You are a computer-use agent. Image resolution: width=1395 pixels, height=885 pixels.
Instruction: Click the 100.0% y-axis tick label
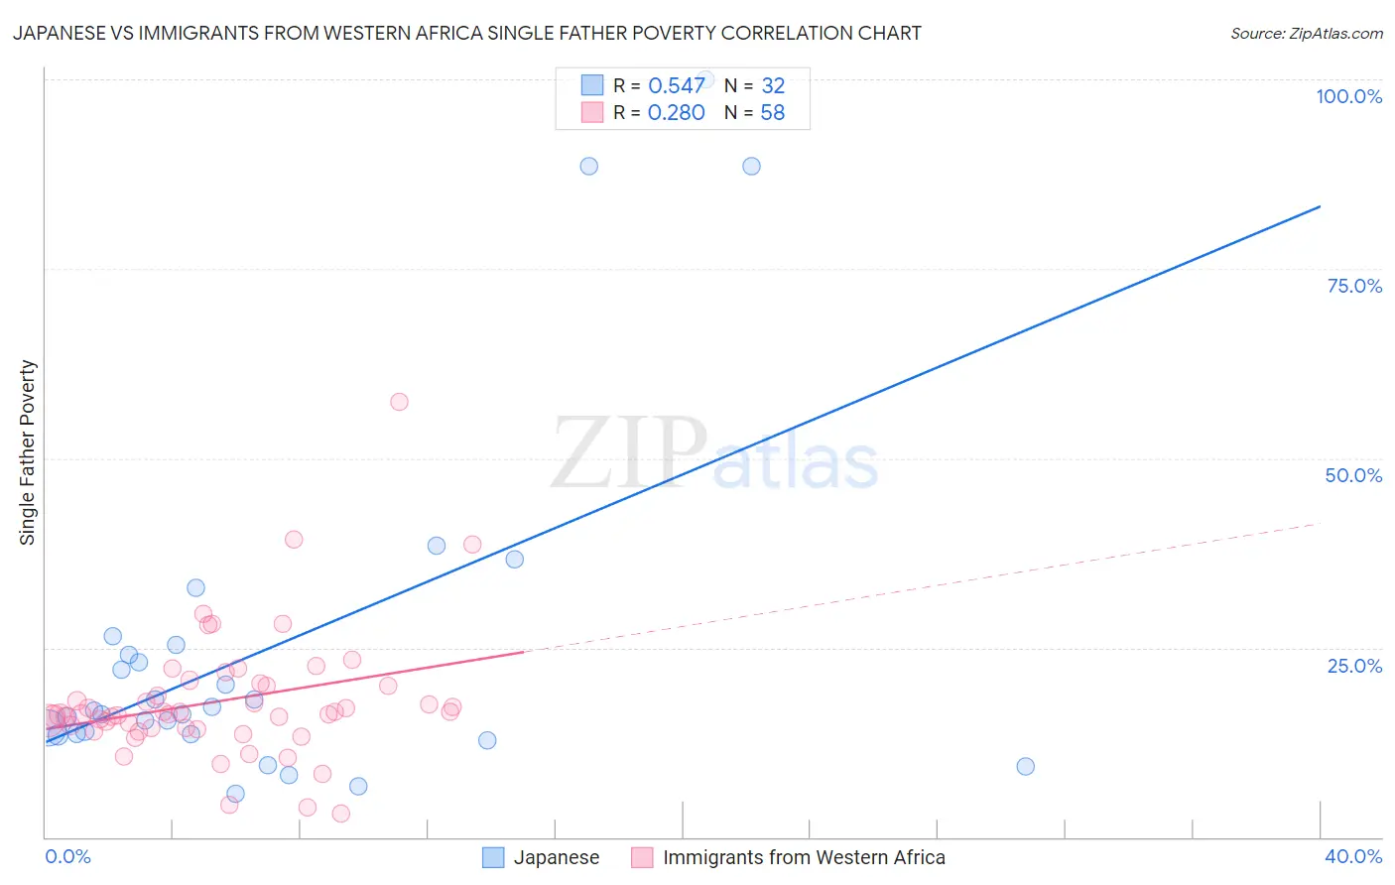coord(1348,96)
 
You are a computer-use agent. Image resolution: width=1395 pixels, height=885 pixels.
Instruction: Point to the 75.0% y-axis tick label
coord(1354,286)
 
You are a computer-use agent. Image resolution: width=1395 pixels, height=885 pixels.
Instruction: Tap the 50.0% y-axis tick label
coord(1353,475)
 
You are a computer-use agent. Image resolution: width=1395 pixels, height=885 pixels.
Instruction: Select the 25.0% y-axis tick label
coord(1354,665)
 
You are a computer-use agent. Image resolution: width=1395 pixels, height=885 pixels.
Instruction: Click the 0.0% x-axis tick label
coord(67,856)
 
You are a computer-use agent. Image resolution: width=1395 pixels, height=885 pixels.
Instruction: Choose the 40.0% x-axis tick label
coord(1352,856)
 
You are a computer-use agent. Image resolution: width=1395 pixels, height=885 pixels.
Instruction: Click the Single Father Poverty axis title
coord(27,452)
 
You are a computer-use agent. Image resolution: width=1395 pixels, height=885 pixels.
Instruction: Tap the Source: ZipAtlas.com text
coord(1306,33)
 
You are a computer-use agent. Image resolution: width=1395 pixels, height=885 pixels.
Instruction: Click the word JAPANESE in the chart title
coord(63,33)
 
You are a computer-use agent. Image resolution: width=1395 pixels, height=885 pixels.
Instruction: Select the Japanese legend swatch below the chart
coord(493,857)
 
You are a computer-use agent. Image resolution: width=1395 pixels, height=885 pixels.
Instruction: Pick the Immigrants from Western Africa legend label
coord(804,857)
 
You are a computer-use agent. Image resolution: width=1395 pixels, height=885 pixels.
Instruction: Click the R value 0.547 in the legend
coord(676,86)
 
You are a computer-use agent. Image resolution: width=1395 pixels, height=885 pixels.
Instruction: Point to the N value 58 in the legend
coord(772,113)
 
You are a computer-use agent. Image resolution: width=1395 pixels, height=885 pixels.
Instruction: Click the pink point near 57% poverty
coord(399,402)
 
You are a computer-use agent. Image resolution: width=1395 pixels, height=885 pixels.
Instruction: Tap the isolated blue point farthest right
coord(1025,766)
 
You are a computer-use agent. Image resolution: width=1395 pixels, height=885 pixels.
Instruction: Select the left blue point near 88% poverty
coord(588,166)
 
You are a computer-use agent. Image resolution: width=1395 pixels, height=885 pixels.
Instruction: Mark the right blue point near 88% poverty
coord(751,166)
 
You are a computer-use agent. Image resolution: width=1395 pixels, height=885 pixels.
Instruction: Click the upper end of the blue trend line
coord(1320,206)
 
